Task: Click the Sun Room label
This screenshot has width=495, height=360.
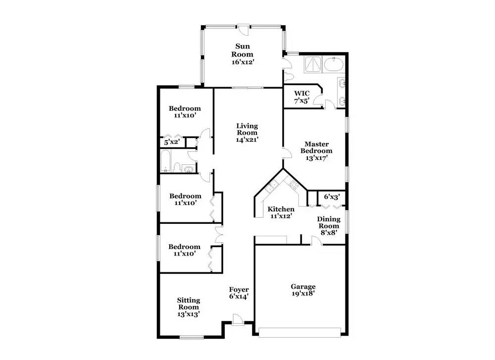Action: click(x=243, y=50)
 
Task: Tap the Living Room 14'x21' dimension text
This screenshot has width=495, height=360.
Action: click(x=247, y=139)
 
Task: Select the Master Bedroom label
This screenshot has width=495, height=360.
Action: click(x=316, y=148)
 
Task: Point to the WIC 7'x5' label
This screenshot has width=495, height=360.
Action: click(x=302, y=97)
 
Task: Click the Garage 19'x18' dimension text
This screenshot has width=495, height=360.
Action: click(x=303, y=294)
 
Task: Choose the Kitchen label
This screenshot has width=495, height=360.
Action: click(x=281, y=209)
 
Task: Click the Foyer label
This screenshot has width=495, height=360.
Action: click(x=239, y=290)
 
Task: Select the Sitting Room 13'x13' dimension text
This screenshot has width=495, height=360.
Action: click(x=189, y=314)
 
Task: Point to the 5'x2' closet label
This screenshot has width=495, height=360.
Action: click(x=172, y=142)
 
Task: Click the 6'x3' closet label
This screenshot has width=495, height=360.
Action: click(x=332, y=197)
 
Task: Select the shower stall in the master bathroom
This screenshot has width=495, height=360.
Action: click(x=312, y=64)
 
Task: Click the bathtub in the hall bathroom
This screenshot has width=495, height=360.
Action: click(x=166, y=161)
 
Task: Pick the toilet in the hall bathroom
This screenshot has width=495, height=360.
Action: click(x=177, y=167)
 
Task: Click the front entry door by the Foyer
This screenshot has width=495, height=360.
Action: click(x=238, y=319)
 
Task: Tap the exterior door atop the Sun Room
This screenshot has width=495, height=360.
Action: click(x=244, y=29)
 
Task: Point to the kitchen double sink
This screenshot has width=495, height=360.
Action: click(x=271, y=187)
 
